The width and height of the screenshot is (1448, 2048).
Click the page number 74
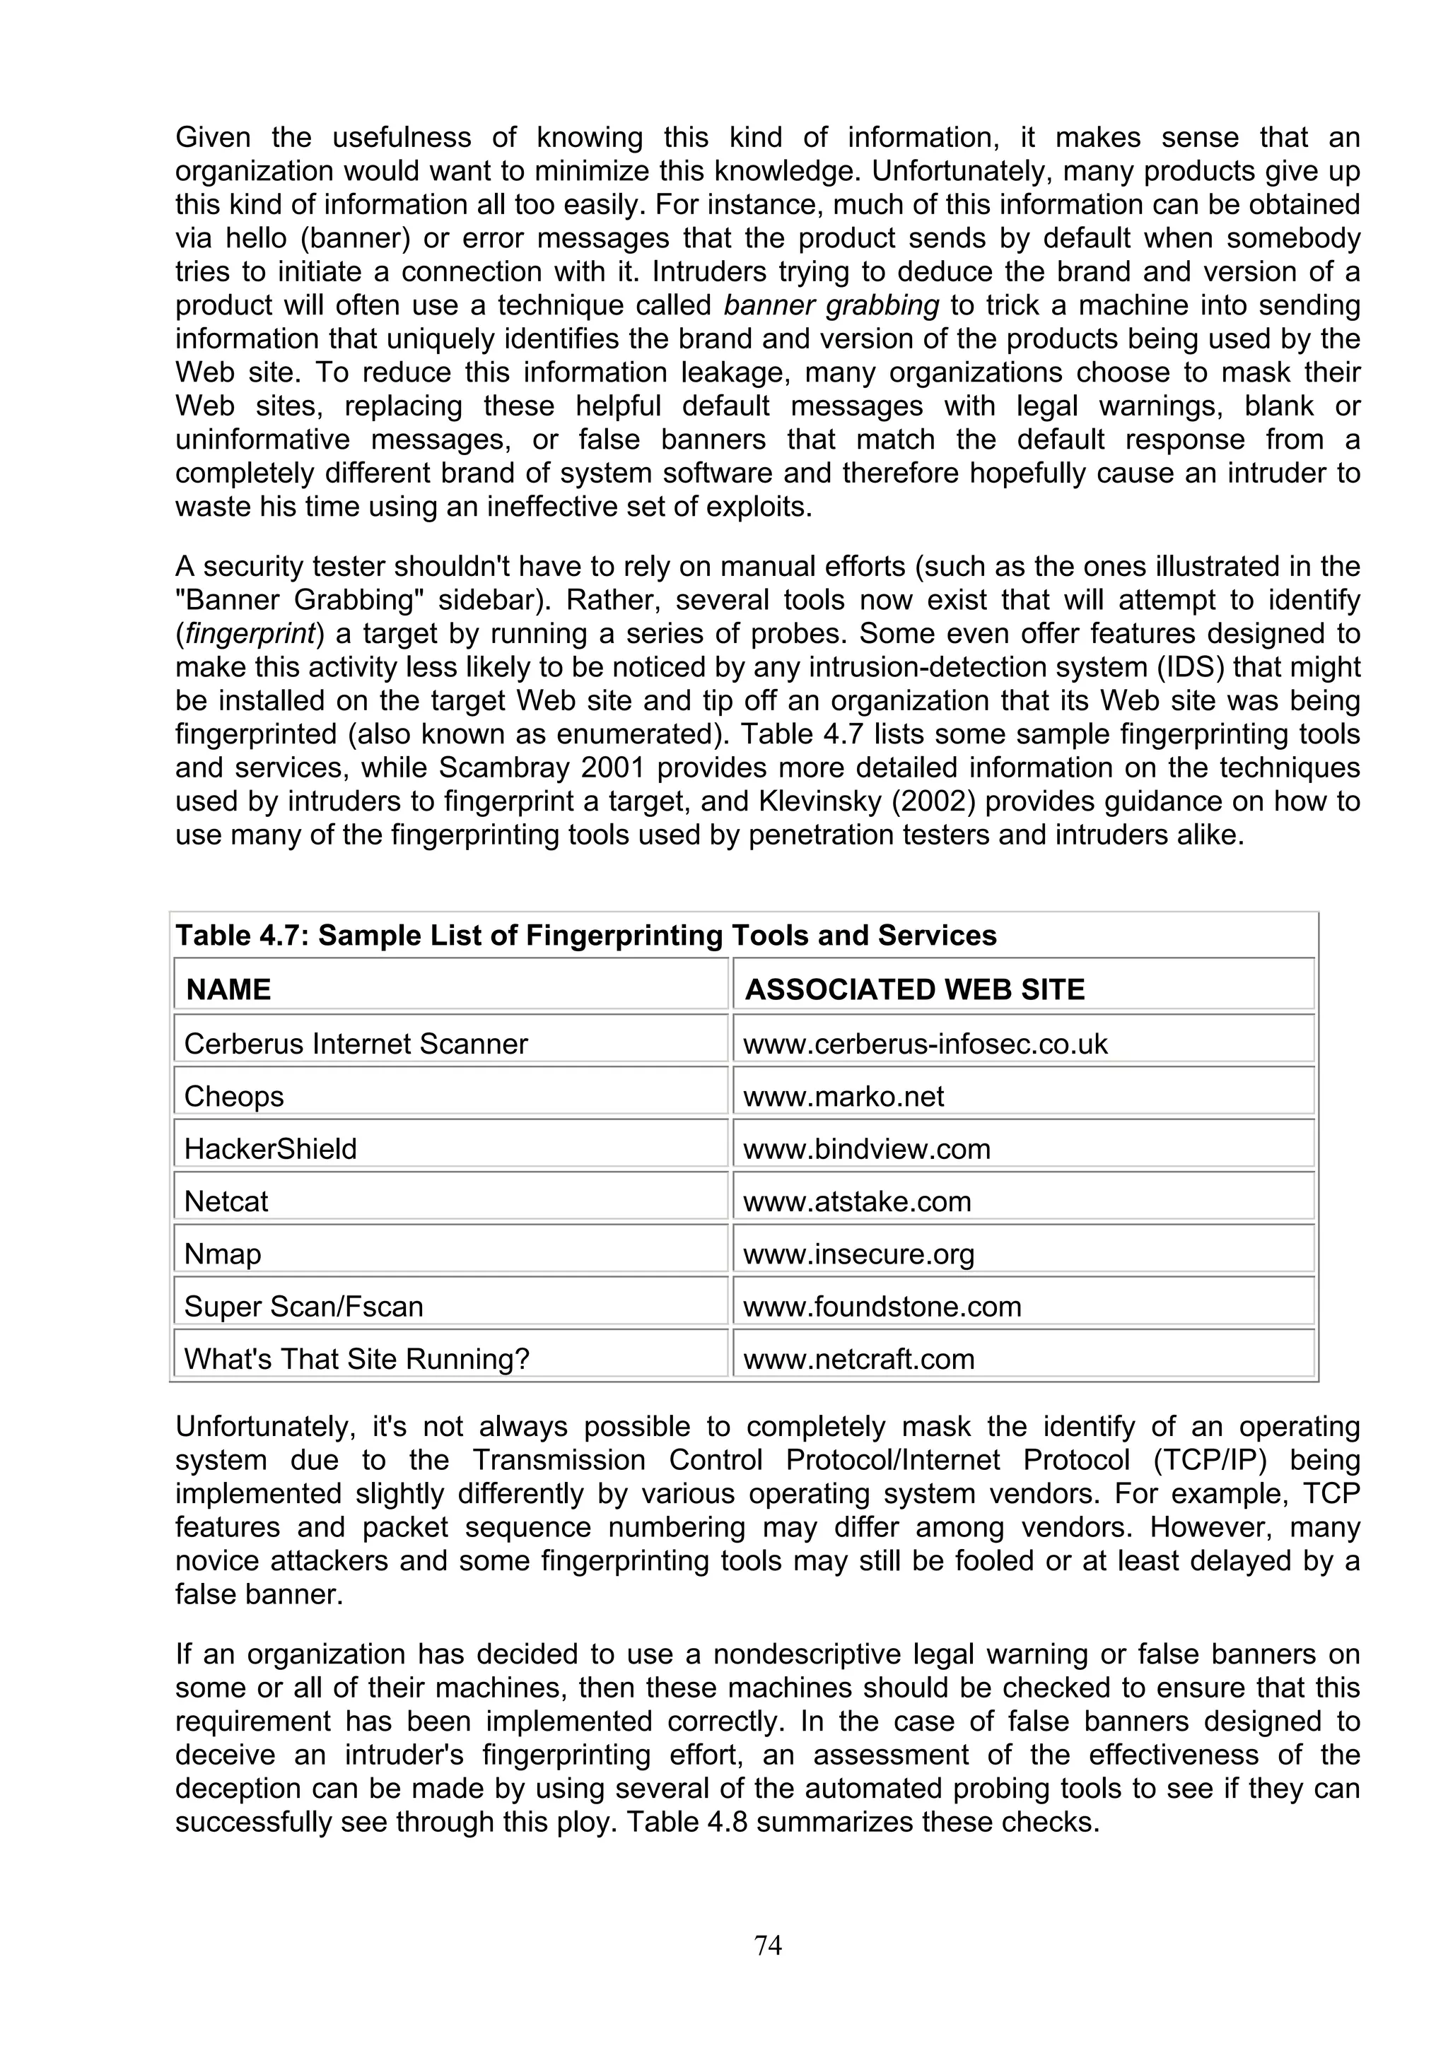[767, 1945]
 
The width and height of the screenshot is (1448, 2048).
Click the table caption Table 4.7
[585, 935]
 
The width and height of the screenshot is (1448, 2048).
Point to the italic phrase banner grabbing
[831, 305]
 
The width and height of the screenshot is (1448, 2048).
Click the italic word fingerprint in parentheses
[251, 633]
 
